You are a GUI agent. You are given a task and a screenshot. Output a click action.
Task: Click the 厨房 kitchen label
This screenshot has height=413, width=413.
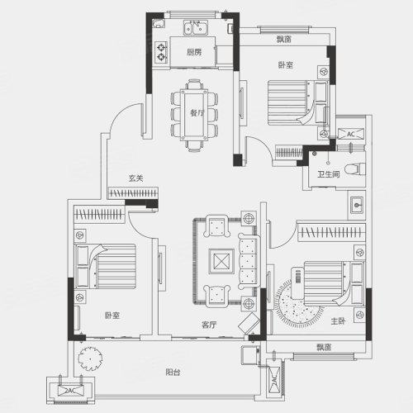194,52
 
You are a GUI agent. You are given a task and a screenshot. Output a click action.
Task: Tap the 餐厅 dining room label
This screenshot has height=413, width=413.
197,112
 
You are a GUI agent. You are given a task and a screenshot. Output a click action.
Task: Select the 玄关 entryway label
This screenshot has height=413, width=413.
136,178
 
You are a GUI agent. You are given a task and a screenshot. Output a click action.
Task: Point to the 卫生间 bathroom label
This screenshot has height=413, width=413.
329,174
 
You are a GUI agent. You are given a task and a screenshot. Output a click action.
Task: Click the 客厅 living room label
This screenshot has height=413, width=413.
209,325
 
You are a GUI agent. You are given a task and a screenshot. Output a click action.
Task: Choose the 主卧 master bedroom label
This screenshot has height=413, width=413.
338,320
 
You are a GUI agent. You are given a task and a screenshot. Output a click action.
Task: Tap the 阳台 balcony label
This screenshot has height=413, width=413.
173,373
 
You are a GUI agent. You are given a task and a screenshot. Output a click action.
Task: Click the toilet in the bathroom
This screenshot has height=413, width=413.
355,169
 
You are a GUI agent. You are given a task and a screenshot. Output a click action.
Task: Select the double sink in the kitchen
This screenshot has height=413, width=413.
196,27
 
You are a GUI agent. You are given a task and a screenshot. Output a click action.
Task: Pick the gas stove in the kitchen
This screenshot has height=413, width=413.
161,52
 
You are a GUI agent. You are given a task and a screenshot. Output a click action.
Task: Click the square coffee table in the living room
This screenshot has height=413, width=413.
221,261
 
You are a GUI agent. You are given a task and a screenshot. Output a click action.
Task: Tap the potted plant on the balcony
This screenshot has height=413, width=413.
90,358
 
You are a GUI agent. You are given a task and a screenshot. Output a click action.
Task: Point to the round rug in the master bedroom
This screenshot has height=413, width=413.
299,304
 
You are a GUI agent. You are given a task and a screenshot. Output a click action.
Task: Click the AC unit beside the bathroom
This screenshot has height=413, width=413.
351,134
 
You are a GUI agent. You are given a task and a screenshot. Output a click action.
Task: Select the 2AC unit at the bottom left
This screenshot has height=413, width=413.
71,391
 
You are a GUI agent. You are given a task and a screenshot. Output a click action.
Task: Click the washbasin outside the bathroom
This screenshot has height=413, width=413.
357,205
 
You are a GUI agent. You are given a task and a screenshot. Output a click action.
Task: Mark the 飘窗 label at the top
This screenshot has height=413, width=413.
284,39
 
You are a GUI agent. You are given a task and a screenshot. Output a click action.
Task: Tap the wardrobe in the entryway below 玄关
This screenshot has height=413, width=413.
133,193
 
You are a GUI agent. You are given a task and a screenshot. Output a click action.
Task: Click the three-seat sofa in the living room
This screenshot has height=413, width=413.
249,261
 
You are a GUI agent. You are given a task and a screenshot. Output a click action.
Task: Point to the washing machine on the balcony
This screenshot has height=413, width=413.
250,355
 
